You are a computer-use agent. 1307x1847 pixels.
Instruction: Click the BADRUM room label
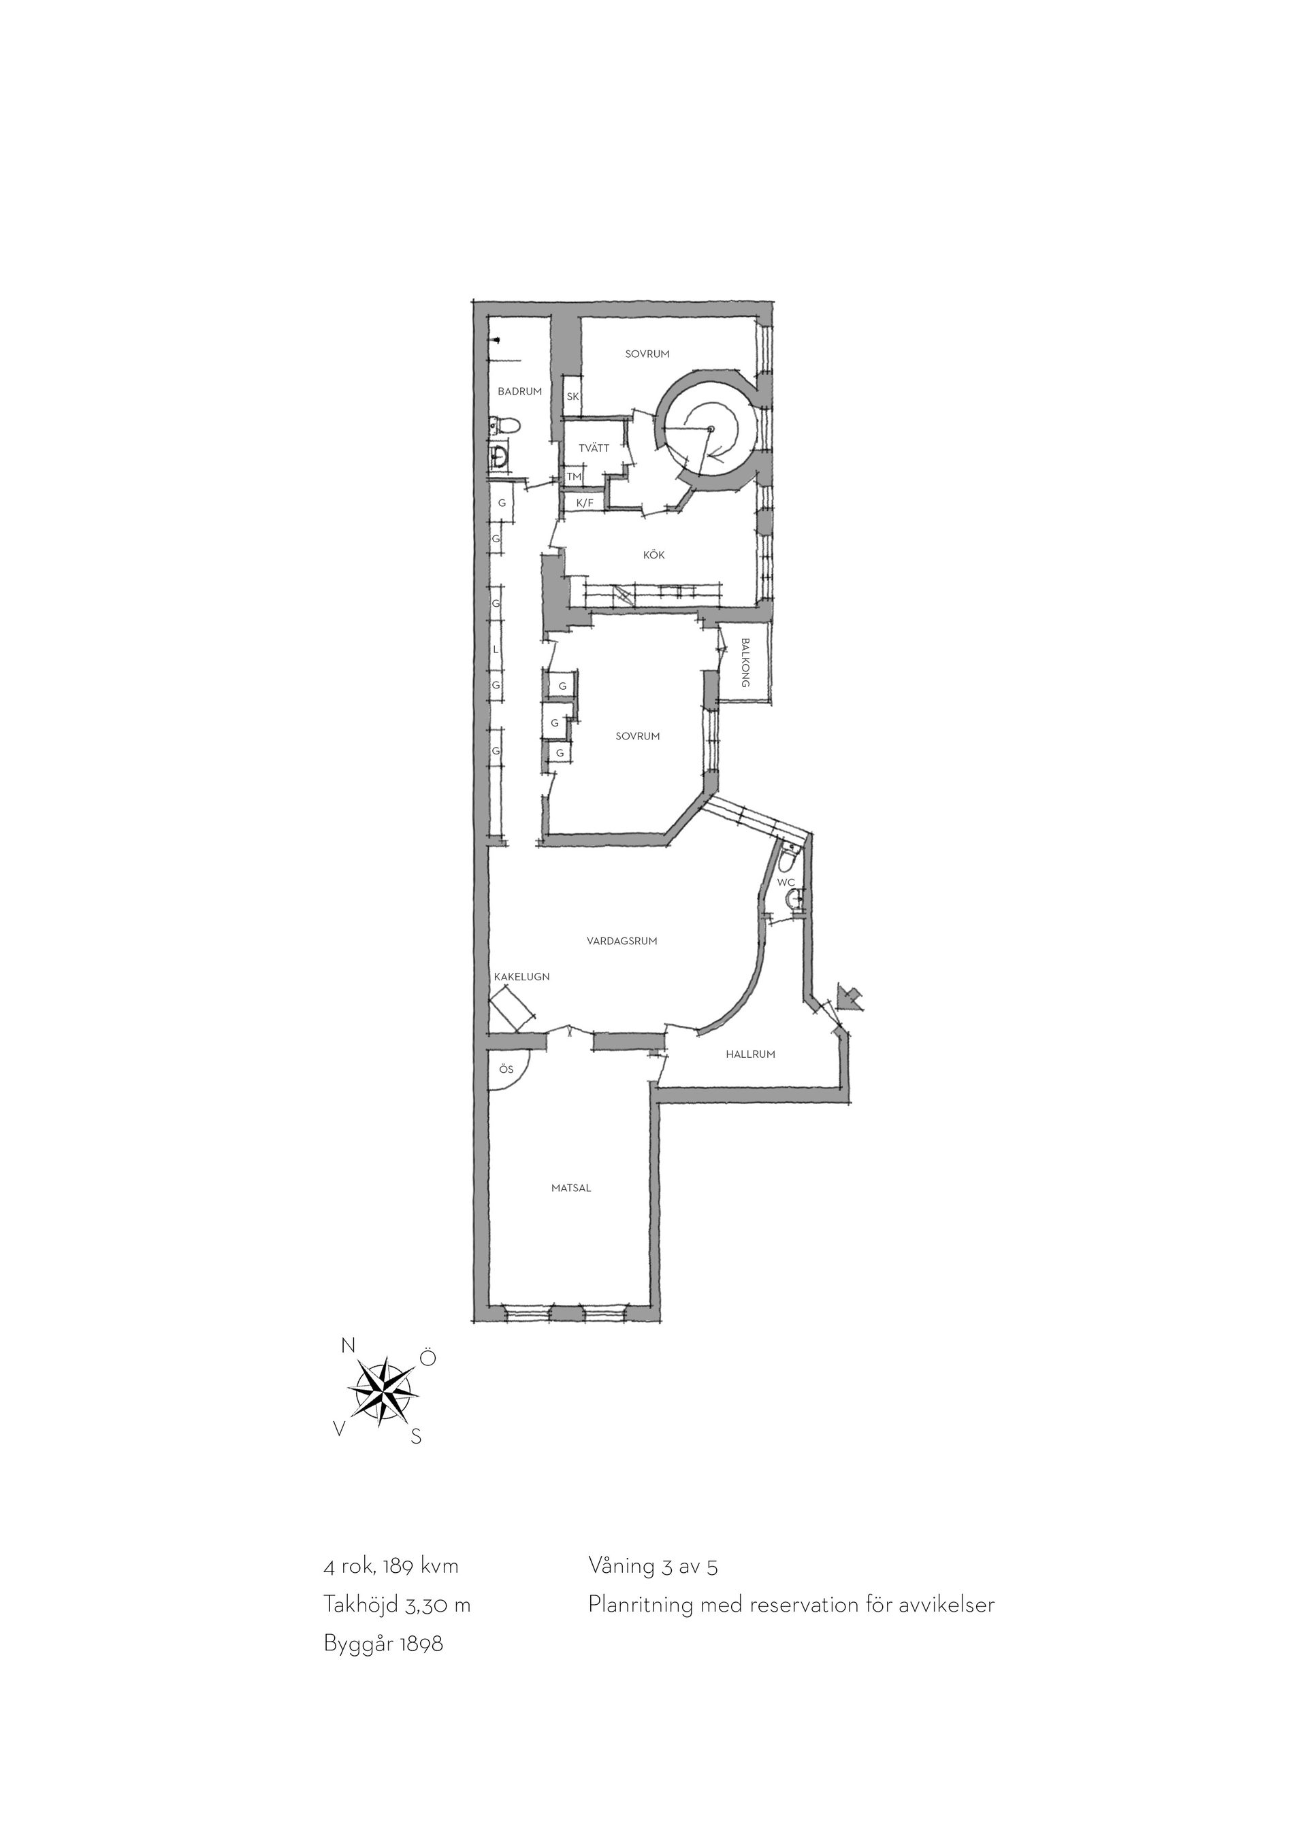(x=519, y=392)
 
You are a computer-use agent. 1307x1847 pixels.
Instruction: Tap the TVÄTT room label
(x=594, y=448)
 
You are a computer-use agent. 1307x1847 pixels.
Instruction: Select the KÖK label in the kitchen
(x=653, y=555)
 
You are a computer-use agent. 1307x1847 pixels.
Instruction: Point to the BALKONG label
(x=745, y=662)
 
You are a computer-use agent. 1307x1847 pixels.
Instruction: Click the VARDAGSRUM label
(x=622, y=940)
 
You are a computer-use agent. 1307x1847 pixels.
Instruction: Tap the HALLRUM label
(x=750, y=1054)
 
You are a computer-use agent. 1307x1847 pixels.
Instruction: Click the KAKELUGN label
(x=521, y=977)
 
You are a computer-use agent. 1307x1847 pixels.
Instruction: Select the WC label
(x=786, y=882)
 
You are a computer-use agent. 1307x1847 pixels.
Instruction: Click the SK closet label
(x=572, y=397)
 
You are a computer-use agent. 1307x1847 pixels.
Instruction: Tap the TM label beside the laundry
(x=573, y=477)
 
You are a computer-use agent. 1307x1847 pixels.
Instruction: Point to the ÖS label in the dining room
(x=505, y=1069)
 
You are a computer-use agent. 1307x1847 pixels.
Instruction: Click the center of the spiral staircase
(x=710, y=429)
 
